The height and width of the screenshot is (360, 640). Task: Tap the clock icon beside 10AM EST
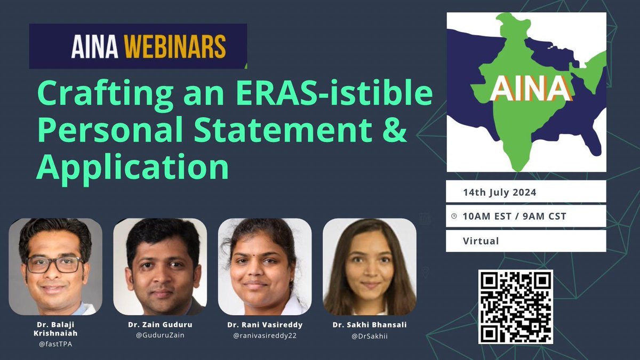click(x=454, y=217)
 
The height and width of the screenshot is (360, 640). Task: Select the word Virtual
click(x=481, y=241)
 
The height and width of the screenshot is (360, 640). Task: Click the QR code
click(x=515, y=307)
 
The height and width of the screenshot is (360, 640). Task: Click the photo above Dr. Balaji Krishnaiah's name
click(x=55, y=267)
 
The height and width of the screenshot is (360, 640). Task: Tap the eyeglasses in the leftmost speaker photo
click(x=55, y=264)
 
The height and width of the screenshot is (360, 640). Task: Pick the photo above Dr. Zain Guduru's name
click(x=160, y=267)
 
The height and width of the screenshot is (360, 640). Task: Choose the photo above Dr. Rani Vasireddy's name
click(x=265, y=267)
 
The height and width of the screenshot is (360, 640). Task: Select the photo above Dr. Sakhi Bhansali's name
click(x=369, y=267)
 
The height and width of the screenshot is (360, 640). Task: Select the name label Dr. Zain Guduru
click(x=160, y=325)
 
